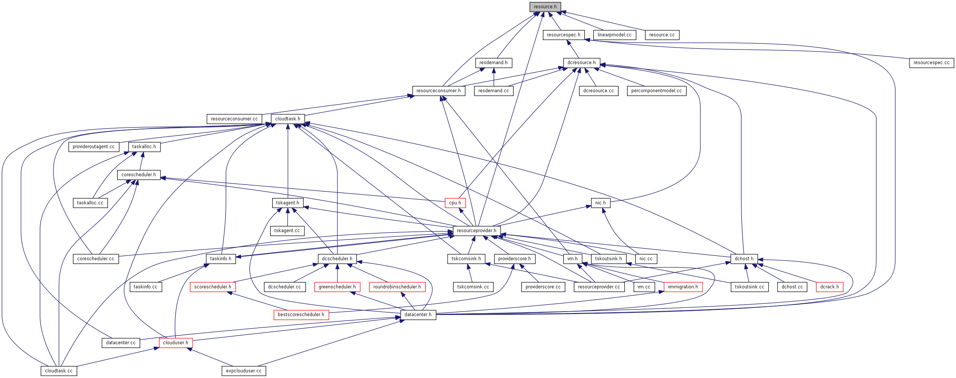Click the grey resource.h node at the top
click(545, 7)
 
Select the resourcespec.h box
click(563, 35)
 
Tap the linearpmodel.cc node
click(614, 35)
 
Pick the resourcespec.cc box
click(931, 63)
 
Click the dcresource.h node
click(581, 63)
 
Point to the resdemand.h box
click(493, 63)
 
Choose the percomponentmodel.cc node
click(656, 91)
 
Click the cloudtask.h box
click(288, 119)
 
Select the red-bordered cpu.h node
click(455, 203)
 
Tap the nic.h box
click(601, 203)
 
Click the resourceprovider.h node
click(477, 231)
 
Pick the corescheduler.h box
click(139, 175)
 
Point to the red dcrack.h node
click(830, 287)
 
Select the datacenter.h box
click(418, 315)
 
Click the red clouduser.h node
click(176, 343)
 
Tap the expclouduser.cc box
click(244, 371)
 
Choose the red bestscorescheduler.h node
click(301, 315)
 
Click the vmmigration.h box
click(683, 287)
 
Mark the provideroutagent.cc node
click(94, 147)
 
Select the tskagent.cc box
click(287, 231)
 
